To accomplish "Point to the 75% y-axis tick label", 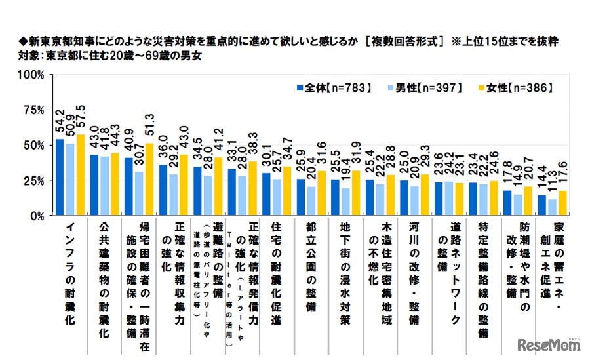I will click(33, 110).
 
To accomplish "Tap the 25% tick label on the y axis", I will click(33, 180).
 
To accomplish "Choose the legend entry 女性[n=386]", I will click(525, 88).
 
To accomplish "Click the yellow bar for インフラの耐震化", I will click(81, 174).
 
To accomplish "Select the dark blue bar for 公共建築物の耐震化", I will click(94, 185).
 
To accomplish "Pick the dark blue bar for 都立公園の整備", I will click(300, 197).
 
